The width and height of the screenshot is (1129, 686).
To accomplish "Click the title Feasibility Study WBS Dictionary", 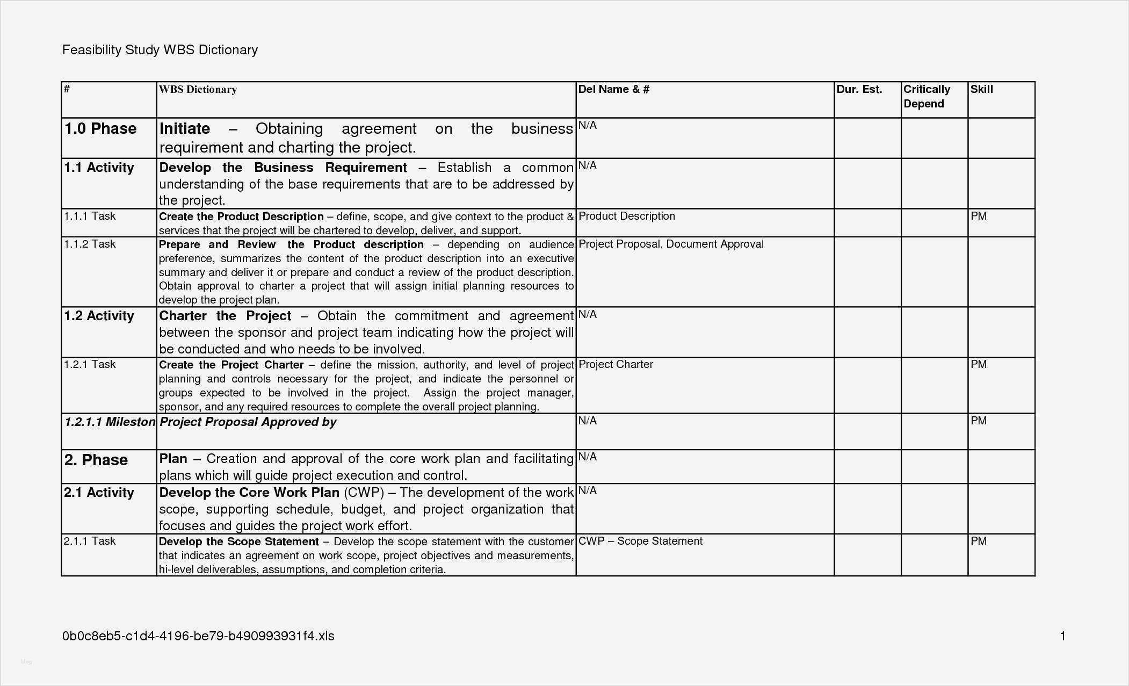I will tap(160, 50).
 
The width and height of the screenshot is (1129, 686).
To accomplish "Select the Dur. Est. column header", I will tap(859, 90).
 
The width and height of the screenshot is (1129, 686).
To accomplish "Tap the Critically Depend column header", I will tap(927, 97).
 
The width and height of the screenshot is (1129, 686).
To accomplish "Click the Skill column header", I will tap(981, 90).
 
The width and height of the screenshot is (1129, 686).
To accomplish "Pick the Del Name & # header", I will tap(613, 90).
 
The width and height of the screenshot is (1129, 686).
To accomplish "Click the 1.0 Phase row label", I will tap(100, 129).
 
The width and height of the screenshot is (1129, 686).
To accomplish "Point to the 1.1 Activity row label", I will tap(99, 168).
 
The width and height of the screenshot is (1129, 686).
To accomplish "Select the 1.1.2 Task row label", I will tap(90, 244).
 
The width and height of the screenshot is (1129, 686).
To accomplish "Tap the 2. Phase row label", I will tap(96, 460).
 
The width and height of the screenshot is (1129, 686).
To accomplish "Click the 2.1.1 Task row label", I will tap(90, 541).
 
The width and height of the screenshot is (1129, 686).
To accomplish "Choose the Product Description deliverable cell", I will tap(626, 216).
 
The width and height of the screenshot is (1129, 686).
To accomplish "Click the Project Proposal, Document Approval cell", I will tap(671, 244).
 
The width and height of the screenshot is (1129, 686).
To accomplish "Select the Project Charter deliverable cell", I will tap(616, 365).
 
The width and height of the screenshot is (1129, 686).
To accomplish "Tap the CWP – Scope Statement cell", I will tap(640, 541).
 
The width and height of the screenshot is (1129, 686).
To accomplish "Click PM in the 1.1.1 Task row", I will tap(978, 216).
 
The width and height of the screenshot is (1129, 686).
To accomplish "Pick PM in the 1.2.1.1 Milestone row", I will tap(978, 421).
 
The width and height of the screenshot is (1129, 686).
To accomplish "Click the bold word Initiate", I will tap(185, 129).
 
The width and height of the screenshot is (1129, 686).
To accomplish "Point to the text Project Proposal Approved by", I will tap(248, 422).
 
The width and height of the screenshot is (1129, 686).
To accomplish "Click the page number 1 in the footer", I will tap(1062, 637).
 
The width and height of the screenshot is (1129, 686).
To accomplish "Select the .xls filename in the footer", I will tap(198, 637).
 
